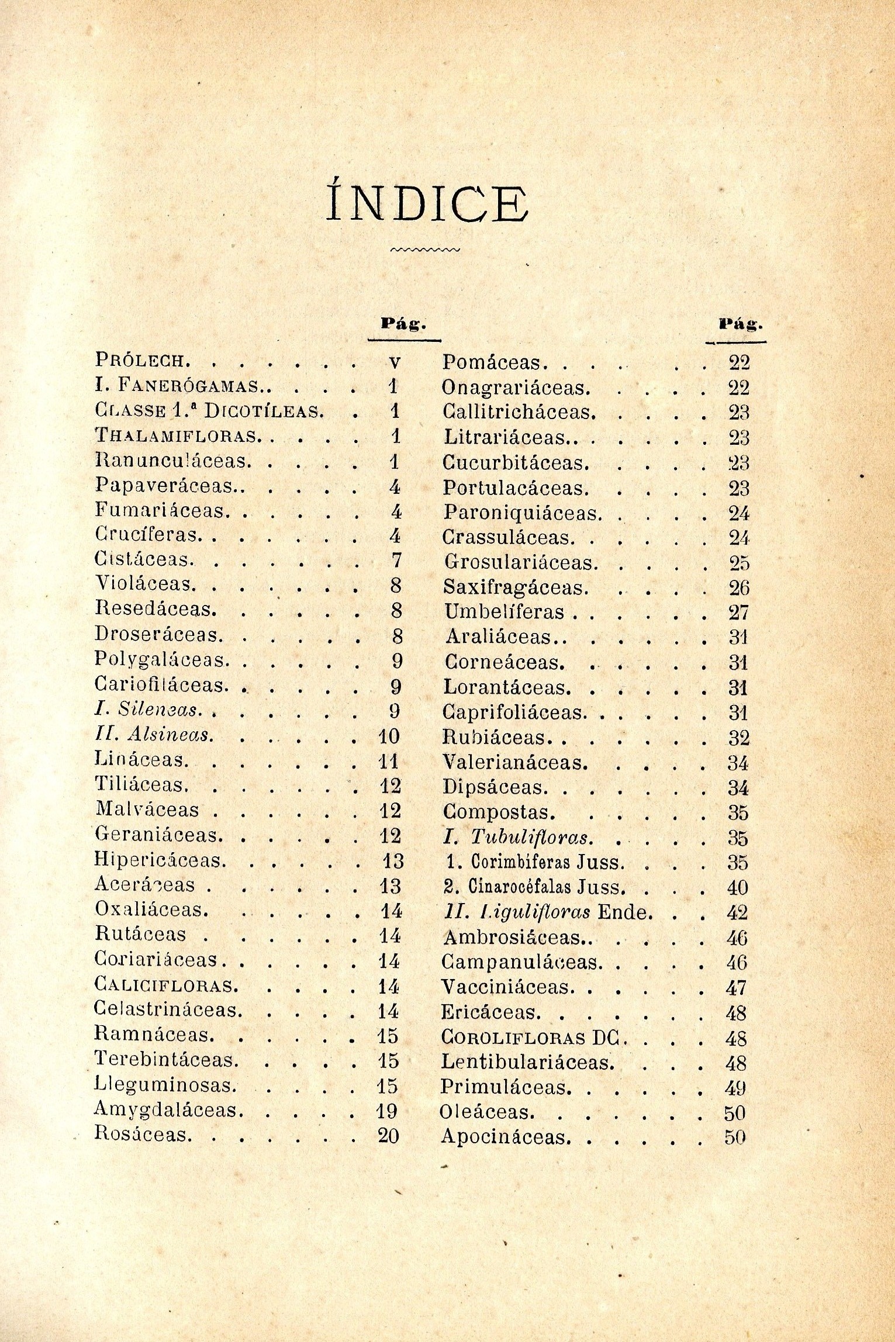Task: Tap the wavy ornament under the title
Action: coord(425,250)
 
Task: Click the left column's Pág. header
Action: coord(403,323)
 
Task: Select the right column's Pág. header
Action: coord(741,323)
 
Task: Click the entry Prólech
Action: coord(141,360)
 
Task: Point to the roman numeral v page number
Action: coord(395,362)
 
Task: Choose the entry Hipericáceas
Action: coord(160,860)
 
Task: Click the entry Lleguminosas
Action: coord(165,1085)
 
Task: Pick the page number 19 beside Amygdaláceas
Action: coord(388,1111)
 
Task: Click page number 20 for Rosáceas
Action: coord(388,1135)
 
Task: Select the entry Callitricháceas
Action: coord(519,412)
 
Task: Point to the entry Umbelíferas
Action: coord(504,612)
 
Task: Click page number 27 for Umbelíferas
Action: coord(738,613)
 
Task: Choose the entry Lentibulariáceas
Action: coord(527,1061)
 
